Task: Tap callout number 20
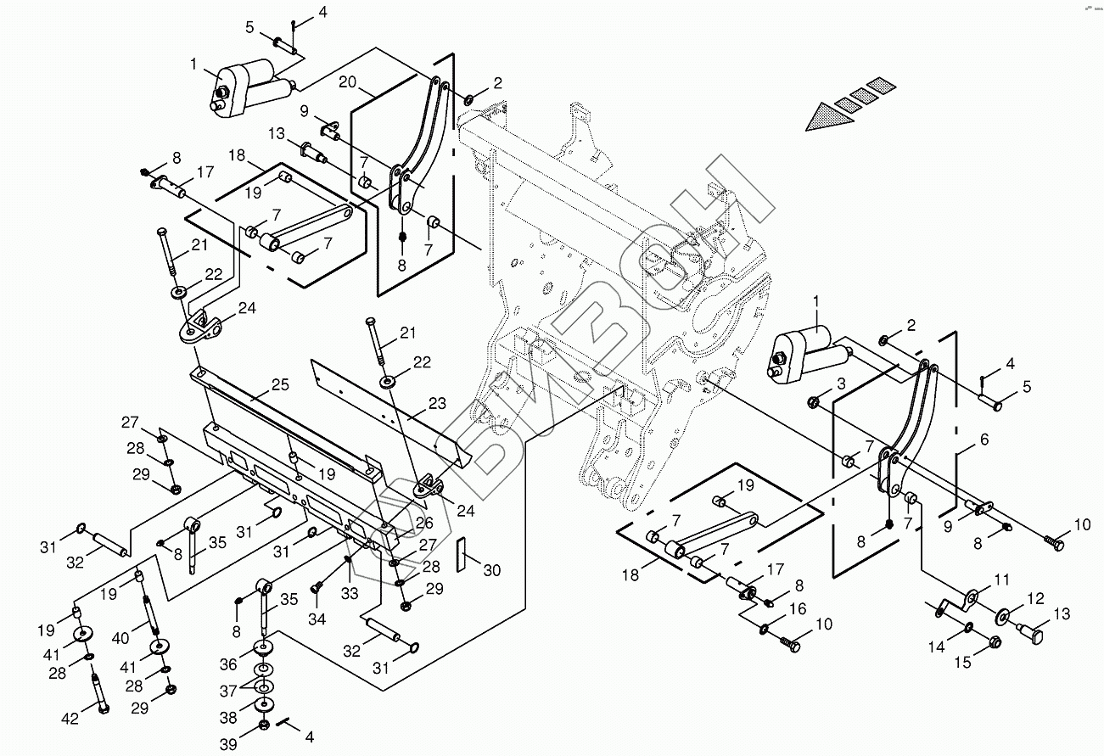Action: (347, 81)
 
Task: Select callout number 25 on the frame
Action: (280, 384)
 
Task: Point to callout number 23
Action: (437, 403)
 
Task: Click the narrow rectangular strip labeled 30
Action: (461, 554)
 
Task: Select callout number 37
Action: (228, 691)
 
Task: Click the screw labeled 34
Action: (317, 587)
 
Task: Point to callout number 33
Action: (350, 593)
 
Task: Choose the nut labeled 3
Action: (813, 403)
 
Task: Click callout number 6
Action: (984, 440)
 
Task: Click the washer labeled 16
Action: (764, 629)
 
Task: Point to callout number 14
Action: (937, 646)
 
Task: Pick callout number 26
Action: (424, 523)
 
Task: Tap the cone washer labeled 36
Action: (264, 648)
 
